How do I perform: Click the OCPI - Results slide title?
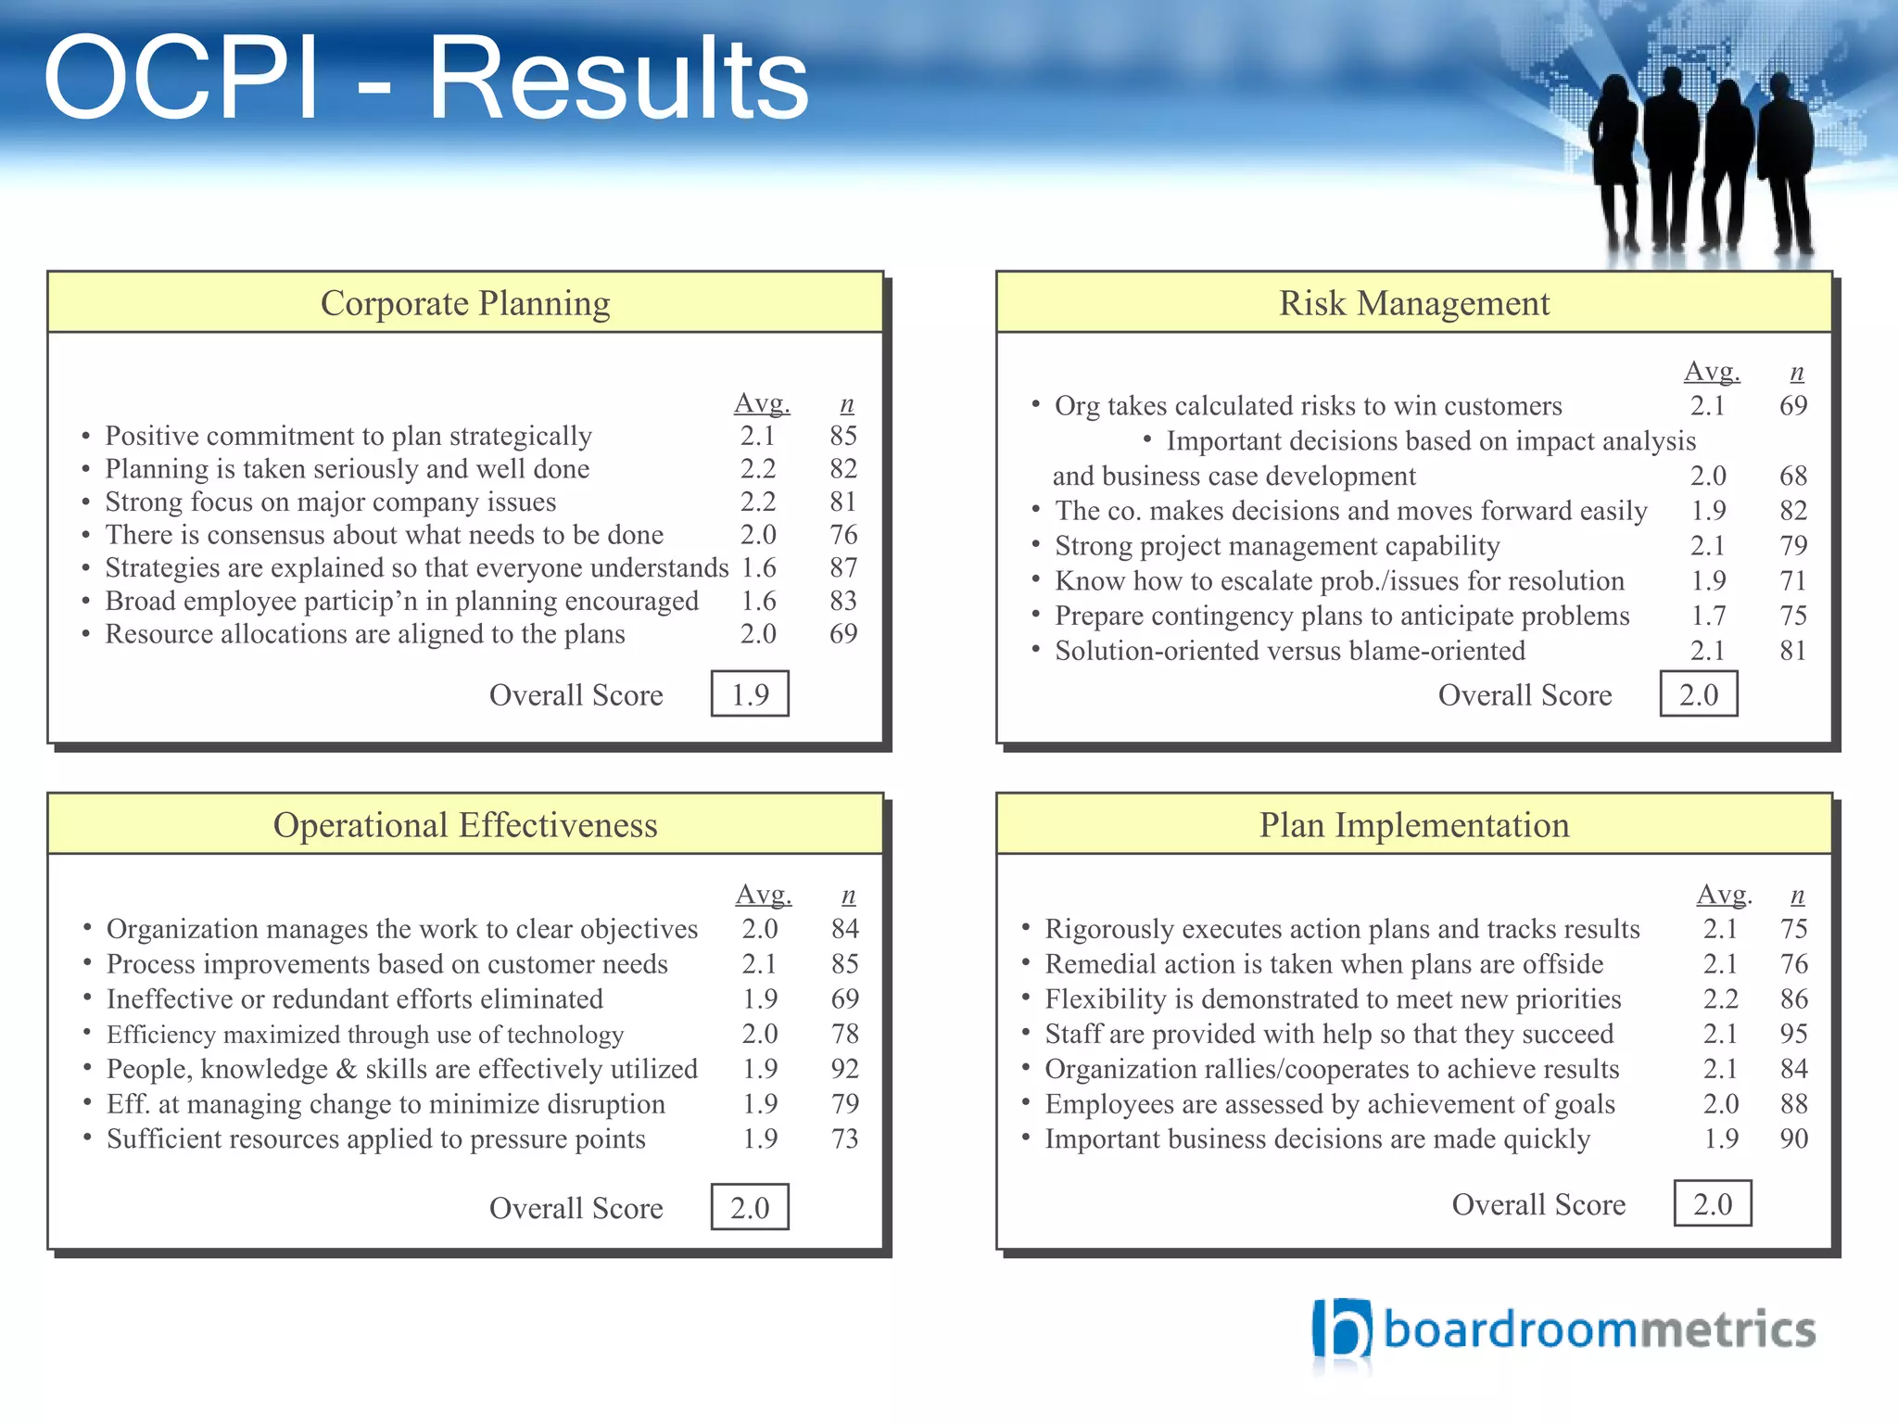pos(426,79)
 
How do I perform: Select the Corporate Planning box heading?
pos(465,303)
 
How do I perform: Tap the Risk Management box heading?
pos(1414,303)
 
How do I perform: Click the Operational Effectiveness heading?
pos(465,825)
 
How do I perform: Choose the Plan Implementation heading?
pos(1414,825)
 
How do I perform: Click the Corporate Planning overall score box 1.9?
pos(750,694)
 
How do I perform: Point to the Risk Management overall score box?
pos(1699,694)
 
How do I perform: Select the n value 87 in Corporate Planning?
pos(843,567)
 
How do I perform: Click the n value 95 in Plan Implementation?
pos(1793,1034)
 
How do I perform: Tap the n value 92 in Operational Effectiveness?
pos(844,1069)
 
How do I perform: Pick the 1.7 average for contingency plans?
pos(1708,616)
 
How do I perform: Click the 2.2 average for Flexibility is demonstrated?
pos(1720,998)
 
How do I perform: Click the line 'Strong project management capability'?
pos(1277,546)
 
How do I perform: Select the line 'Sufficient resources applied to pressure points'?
pos(375,1139)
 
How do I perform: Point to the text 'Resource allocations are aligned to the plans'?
pos(364,634)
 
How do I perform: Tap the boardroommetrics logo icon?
pos(1340,1330)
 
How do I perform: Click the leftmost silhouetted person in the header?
pos(1616,162)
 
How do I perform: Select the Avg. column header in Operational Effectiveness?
pos(764,895)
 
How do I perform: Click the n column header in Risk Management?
pos(1796,373)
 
